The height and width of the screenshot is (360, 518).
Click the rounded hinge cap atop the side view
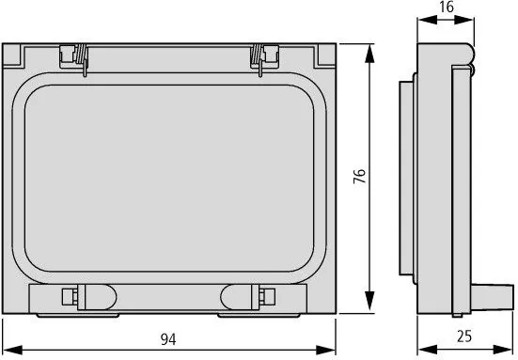pyautogui.click(x=466, y=47)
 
